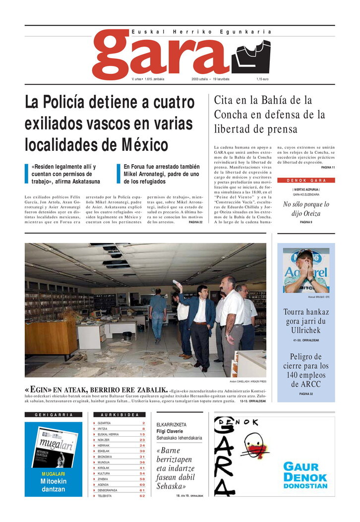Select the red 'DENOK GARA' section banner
click(x=306, y=180)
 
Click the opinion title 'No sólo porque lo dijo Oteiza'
click(x=306, y=209)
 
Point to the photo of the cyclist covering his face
click(x=306, y=270)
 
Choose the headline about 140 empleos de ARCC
click(x=306, y=370)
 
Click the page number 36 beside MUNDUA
click(x=142, y=462)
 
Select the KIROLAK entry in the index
click(x=104, y=467)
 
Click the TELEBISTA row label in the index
click(x=105, y=495)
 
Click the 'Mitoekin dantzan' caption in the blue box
click(x=53, y=485)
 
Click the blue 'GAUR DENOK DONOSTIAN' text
click(x=305, y=475)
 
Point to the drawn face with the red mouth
click(x=256, y=447)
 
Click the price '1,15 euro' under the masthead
click(x=262, y=79)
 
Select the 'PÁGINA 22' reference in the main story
click(x=195, y=222)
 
